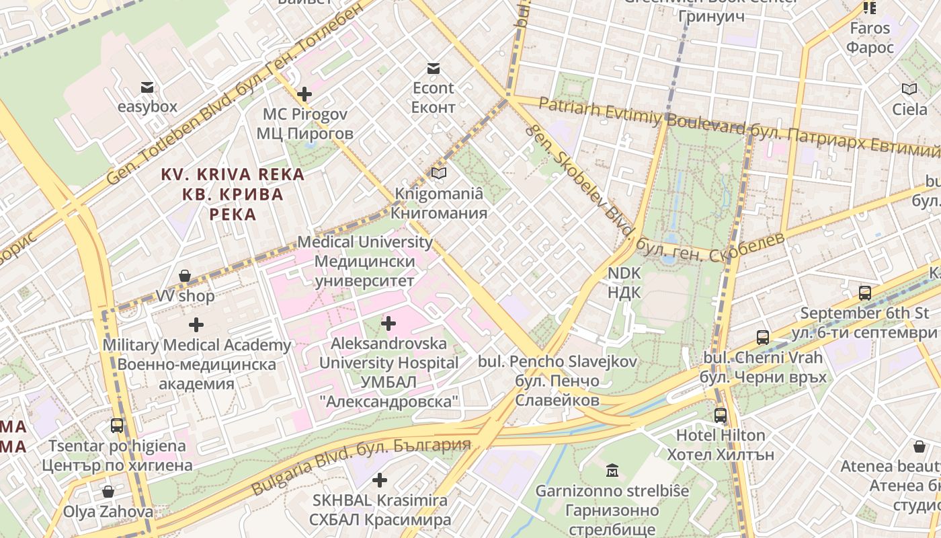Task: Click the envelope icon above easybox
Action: point(147,87)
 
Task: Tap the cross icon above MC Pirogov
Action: point(304,94)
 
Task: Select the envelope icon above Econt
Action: point(433,69)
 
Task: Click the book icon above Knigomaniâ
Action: point(439,174)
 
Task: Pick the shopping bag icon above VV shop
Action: point(185,276)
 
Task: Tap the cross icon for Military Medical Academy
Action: point(196,325)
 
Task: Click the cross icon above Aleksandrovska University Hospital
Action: point(388,324)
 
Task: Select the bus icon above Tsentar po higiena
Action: point(117,426)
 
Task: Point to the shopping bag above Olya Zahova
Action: point(108,492)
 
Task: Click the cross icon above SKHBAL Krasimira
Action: point(380,480)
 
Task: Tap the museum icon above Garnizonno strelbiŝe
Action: point(612,470)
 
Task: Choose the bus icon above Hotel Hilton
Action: point(721,416)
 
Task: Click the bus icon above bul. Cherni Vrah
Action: point(762,338)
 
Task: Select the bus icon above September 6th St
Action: point(865,293)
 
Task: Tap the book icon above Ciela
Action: point(909,89)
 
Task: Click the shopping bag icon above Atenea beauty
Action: point(919,447)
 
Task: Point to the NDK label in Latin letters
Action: point(624,274)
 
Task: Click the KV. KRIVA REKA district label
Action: point(233,175)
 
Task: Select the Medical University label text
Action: point(364,242)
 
